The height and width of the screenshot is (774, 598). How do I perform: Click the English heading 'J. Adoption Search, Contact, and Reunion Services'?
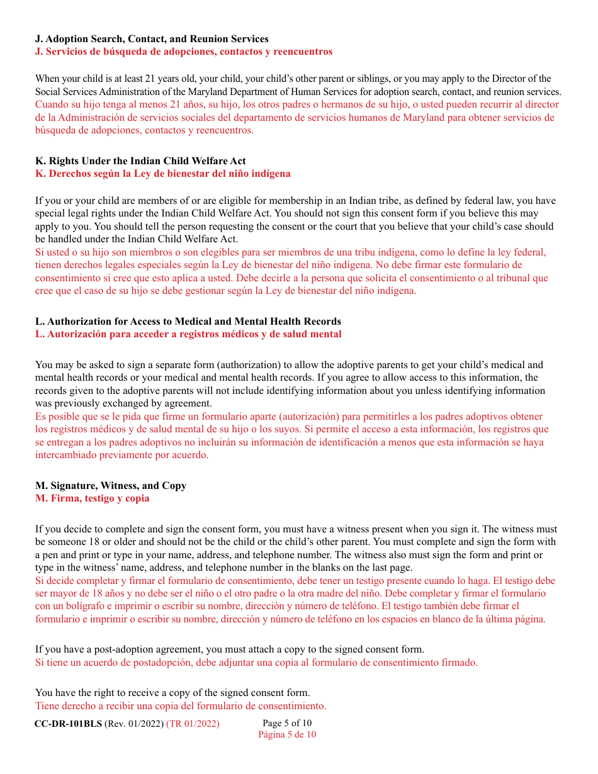[152, 39]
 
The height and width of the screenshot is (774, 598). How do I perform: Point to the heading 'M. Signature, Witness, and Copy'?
[111, 486]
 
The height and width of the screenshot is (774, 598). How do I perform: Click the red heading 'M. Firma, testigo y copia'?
[93, 498]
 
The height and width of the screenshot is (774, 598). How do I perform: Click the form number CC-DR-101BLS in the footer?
[67, 724]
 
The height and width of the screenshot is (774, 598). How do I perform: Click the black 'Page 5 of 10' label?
[287, 723]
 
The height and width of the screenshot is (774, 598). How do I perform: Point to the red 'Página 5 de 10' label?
[287, 734]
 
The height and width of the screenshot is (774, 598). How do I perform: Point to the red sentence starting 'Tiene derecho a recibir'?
[180, 706]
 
